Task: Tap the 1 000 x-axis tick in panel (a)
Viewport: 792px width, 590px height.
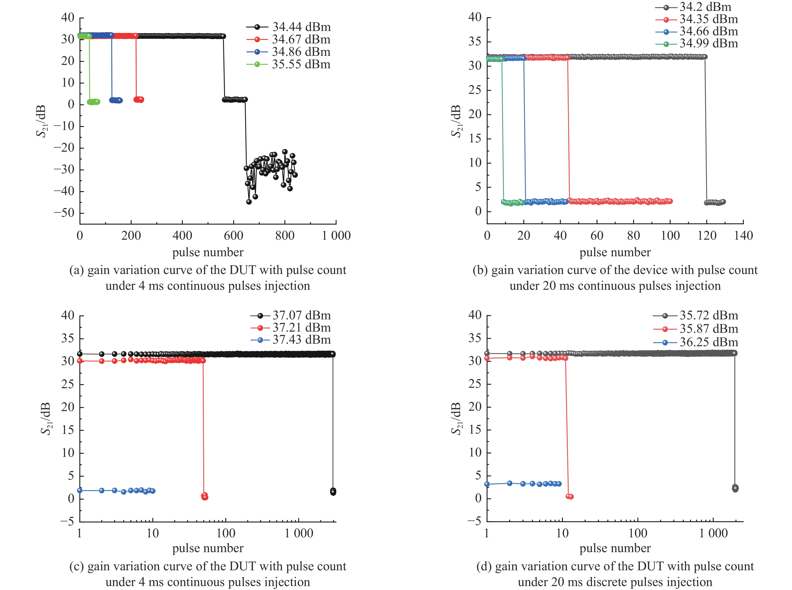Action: point(336,236)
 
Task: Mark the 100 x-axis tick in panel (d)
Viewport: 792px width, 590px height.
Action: point(638,533)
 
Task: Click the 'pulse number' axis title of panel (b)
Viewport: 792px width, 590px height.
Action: point(615,252)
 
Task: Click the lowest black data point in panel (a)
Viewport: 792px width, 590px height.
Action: point(249,202)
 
